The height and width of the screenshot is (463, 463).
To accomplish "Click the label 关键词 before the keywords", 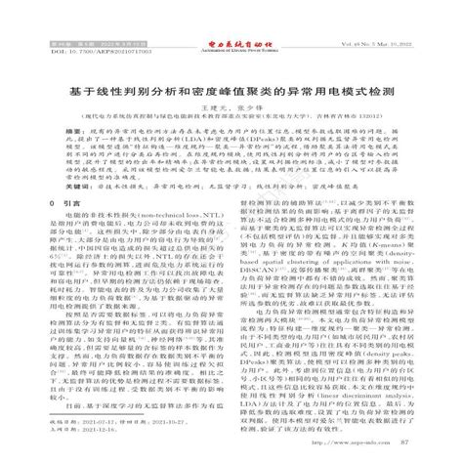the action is (73, 209).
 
